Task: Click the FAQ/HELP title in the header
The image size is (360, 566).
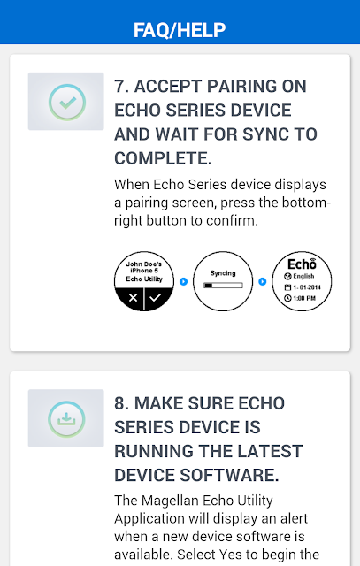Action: pyautogui.click(x=180, y=30)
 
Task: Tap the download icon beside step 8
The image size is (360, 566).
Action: pyautogui.click(x=66, y=418)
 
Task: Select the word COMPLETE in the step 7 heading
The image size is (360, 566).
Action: pyautogui.click(x=163, y=158)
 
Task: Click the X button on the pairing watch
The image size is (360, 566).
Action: pyautogui.click(x=133, y=298)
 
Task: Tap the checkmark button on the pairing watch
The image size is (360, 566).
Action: pyautogui.click(x=156, y=298)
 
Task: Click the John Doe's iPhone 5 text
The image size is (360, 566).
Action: pyautogui.click(x=144, y=267)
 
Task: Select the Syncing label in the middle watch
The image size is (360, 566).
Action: pyautogui.click(x=223, y=273)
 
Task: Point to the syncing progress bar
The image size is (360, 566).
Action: pyautogui.click(x=223, y=285)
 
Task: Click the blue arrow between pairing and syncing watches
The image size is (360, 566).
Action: pyautogui.click(x=183, y=281)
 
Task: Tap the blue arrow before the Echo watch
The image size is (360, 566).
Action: pyautogui.click(x=263, y=281)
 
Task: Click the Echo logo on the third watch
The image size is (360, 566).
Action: pyautogui.click(x=302, y=264)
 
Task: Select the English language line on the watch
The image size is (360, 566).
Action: pyautogui.click(x=299, y=276)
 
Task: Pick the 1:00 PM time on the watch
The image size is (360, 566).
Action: pyautogui.click(x=300, y=298)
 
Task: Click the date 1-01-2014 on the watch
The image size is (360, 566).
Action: pyautogui.click(x=303, y=287)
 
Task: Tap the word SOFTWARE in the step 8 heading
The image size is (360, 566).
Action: pyautogui.click(x=229, y=475)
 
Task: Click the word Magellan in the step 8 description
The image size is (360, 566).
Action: pyautogui.click(x=170, y=501)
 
